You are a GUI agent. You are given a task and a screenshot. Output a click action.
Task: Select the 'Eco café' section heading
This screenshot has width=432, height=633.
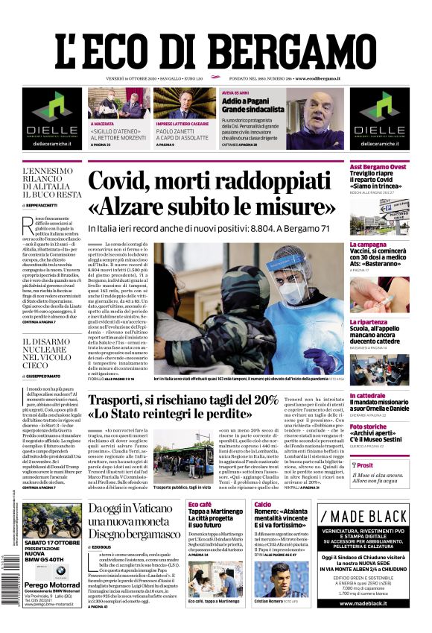(x=200, y=505)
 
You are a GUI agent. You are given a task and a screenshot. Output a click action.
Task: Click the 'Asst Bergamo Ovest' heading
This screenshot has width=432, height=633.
(x=378, y=167)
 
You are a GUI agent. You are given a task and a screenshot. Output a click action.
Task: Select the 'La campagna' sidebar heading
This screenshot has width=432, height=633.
(x=369, y=245)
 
